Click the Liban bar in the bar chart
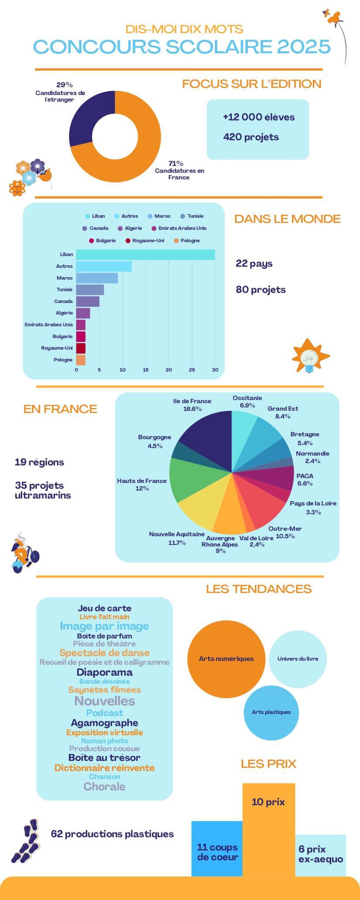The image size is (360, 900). pyautogui.click(x=145, y=255)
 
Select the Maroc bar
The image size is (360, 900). pyautogui.click(x=97, y=278)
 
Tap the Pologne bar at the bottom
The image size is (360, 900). pyautogui.click(x=81, y=360)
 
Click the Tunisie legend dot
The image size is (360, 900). pyautogui.click(x=183, y=216)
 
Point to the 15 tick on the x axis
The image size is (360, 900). pyautogui.click(x=146, y=370)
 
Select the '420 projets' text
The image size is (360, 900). pyautogui.click(x=251, y=137)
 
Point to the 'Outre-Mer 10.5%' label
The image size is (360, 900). pyautogui.click(x=285, y=532)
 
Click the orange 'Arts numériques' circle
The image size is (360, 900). pyautogui.click(x=226, y=659)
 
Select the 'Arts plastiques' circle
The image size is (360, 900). pyautogui.click(x=271, y=712)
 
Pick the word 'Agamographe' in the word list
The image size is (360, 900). pyautogui.click(x=104, y=723)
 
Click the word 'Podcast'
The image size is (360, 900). pyautogui.click(x=104, y=713)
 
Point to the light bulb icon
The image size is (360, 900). pyautogui.click(x=310, y=356)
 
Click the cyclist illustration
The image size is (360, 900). pyautogui.click(x=25, y=553)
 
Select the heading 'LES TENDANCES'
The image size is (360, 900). pyautogui.click(x=258, y=589)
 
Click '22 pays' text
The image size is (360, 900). pyautogui.click(x=254, y=264)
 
